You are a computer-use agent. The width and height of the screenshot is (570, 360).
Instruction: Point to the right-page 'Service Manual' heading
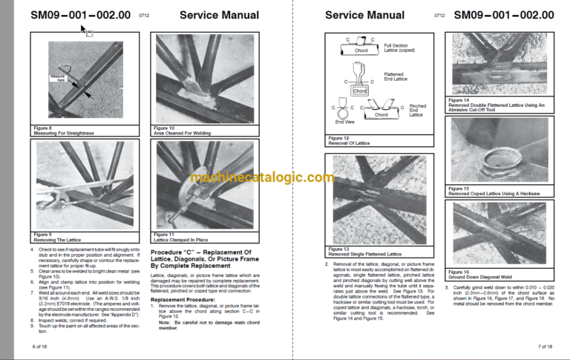tap(365, 15)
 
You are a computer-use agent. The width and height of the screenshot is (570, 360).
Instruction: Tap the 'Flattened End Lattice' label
tap(394, 78)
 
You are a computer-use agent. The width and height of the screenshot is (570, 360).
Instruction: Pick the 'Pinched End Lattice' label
tap(418, 111)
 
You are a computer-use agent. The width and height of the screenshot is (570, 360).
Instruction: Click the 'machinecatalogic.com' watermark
tap(261, 177)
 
